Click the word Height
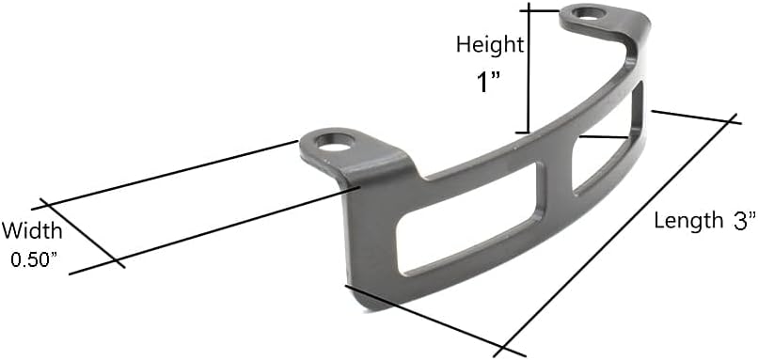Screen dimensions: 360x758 pos(489,44)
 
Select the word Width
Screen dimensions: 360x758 pos(32,231)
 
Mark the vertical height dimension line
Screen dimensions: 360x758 pos(529,70)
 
